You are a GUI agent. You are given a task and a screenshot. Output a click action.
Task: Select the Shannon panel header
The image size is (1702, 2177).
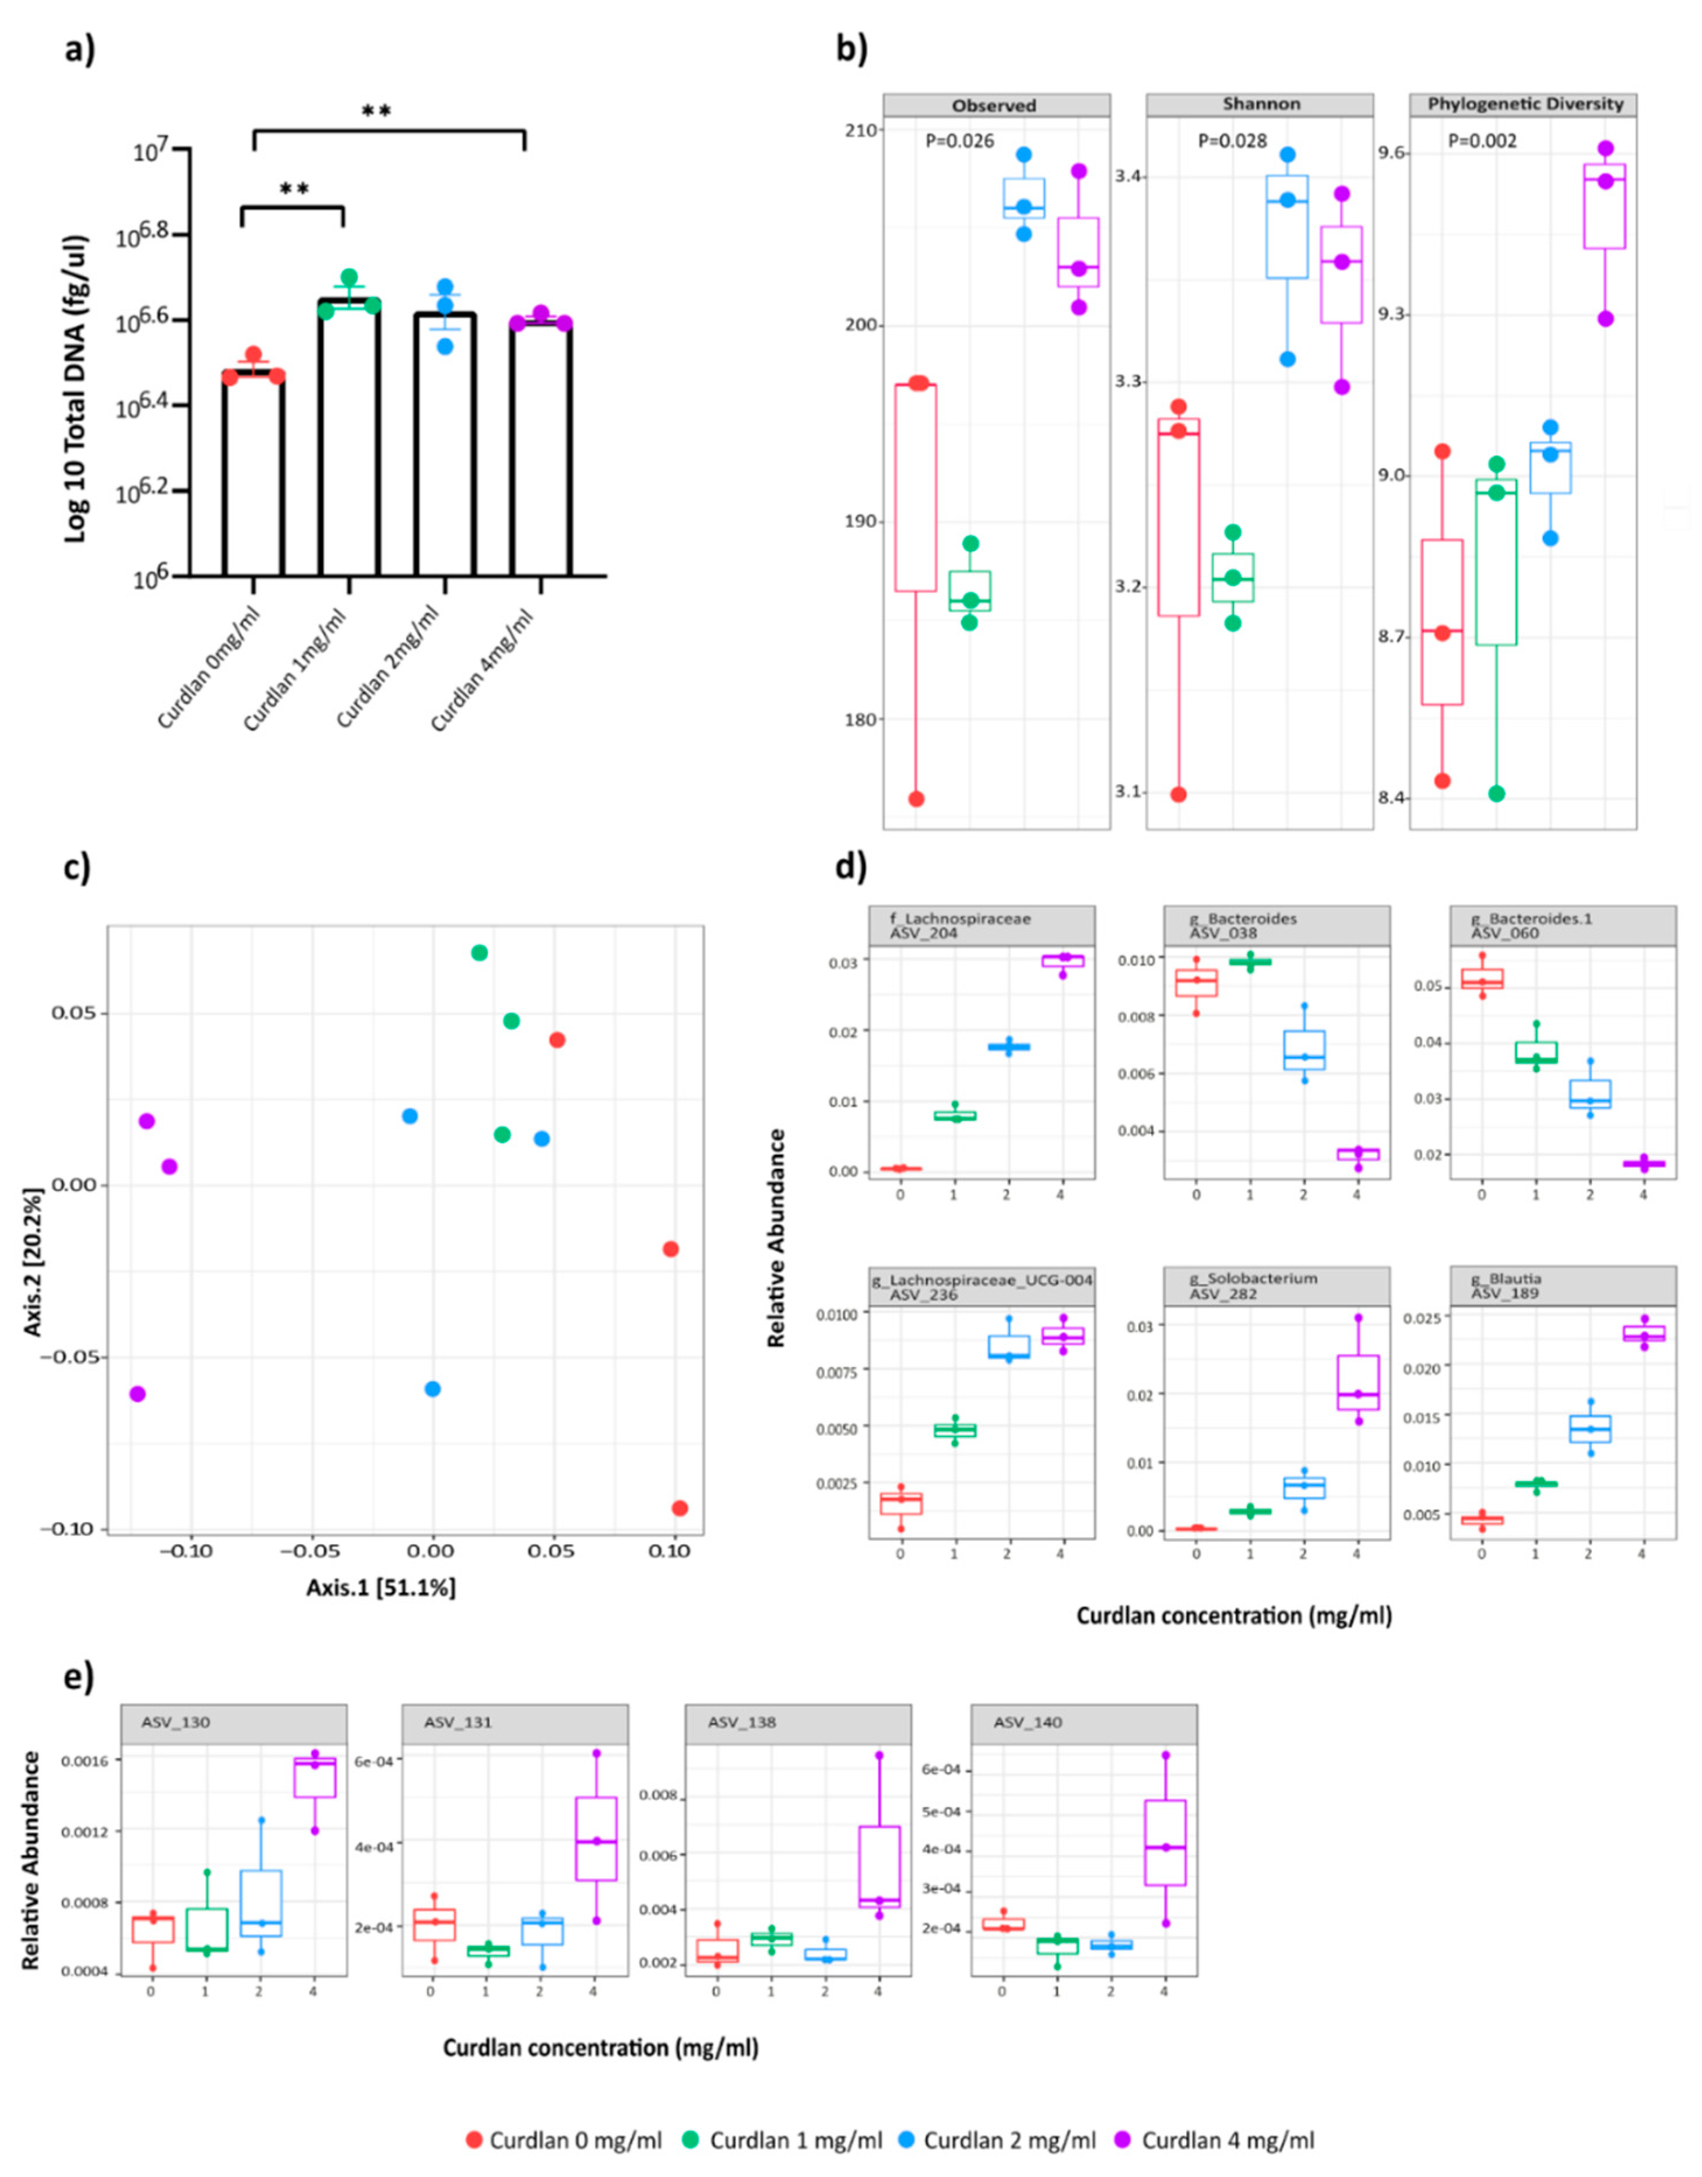[1259, 105]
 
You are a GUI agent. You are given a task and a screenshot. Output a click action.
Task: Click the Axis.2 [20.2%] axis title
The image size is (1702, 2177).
[35, 1261]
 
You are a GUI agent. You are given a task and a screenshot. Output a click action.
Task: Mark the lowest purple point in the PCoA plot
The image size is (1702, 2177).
[138, 1393]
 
